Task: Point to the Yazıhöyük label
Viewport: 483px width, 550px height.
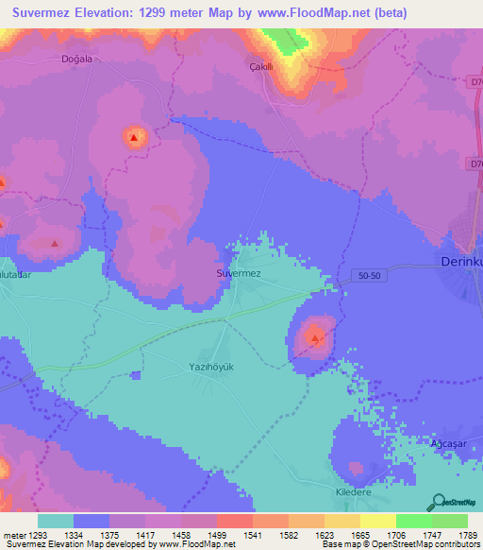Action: pyautogui.click(x=211, y=365)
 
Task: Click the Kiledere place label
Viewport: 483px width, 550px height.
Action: pyautogui.click(x=355, y=492)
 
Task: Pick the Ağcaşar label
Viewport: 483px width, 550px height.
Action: pyautogui.click(x=449, y=441)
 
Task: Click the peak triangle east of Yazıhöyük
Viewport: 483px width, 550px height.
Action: pyautogui.click(x=316, y=335)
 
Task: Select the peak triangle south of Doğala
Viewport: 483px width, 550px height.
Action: pyautogui.click(x=134, y=139)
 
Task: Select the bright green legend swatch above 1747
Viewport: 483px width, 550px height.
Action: pyautogui.click(x=413, y=521)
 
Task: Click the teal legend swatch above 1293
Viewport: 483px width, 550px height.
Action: pyautogui.click(x=56, y=521)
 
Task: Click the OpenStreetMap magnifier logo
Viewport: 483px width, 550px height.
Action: pyautogui.click(x=440, y=502)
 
